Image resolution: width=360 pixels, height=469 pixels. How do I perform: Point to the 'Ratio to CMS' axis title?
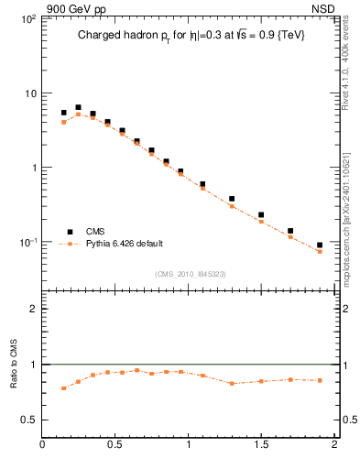14,365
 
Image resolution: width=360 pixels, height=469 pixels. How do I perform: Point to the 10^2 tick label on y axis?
27,18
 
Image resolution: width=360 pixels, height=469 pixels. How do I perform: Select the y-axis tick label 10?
29,93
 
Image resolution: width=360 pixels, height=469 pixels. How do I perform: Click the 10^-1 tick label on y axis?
27,243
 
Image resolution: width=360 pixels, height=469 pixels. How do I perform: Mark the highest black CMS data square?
78,107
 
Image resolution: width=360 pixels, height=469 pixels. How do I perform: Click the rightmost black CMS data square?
320,245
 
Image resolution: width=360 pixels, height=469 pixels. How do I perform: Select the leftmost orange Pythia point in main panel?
63,122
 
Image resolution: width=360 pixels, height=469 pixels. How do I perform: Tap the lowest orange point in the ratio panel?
63,388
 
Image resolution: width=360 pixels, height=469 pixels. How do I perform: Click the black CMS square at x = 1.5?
261,215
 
